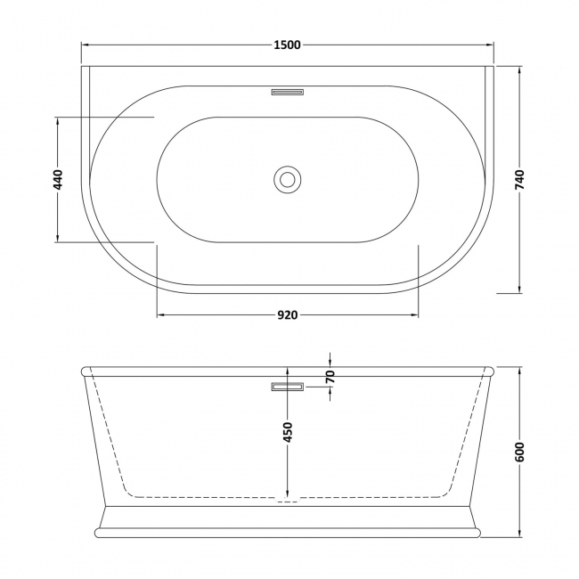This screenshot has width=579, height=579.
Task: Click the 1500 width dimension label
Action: pyautogui.click(x=287, y=45)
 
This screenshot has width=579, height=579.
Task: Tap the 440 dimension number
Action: pyautogui.click(x=58, y=179)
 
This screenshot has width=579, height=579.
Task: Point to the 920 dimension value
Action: pyautogui.click(x=287, y=314)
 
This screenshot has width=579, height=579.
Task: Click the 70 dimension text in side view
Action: pyautogui.click(x=330, y=377)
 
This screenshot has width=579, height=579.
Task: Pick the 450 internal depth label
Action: pyautogui.click(x=287, y=432)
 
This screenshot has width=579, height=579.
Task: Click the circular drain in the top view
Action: pyautogui.click(x=287, y=179)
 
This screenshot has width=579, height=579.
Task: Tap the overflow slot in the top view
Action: pyautogui.click(x=287, y=90)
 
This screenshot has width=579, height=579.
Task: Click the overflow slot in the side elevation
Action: pyautogui.click(x=287, y=386)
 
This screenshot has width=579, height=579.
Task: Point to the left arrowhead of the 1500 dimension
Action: pyautogui.click(x=85, y=45)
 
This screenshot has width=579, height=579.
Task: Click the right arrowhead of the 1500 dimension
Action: pyautogui.click(x=491, y=45)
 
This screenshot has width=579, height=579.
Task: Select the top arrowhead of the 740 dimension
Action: pyautogui.click(x=520, y=69)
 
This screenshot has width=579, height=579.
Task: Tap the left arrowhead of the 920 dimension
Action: pyautogui.click(x=161, y=314)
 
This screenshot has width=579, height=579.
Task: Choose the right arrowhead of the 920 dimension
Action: pyautogui.click(x=414, y=314)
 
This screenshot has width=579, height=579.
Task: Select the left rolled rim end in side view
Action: pyautogui.click(x=86, y=371)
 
